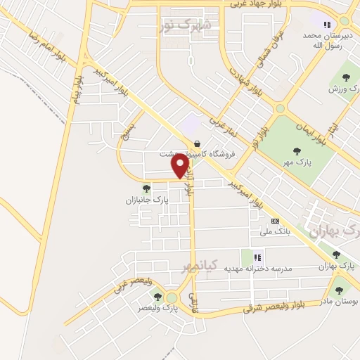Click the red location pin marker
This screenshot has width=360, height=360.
pos(181,166)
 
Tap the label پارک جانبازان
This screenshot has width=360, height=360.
pos(146,200)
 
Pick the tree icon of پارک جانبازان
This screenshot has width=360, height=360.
pos(146,188)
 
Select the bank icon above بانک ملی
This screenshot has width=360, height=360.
pos(274,220)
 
